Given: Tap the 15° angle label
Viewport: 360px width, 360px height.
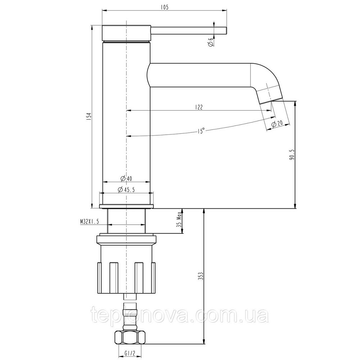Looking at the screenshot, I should pos(201,130).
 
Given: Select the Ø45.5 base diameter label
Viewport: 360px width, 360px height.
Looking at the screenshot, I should pos(126,190).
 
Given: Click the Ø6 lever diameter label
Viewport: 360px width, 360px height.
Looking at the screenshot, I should pos(211,42).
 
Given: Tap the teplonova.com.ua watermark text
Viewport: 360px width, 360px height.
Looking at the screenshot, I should pos(180,317).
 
